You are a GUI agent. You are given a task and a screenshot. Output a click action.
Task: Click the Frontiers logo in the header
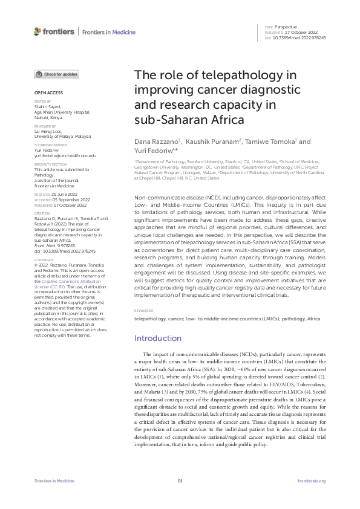click(54, 31)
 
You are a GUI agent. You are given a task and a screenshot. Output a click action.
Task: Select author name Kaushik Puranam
click(203, 141)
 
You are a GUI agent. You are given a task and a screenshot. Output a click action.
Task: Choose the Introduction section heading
click(158, 338)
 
